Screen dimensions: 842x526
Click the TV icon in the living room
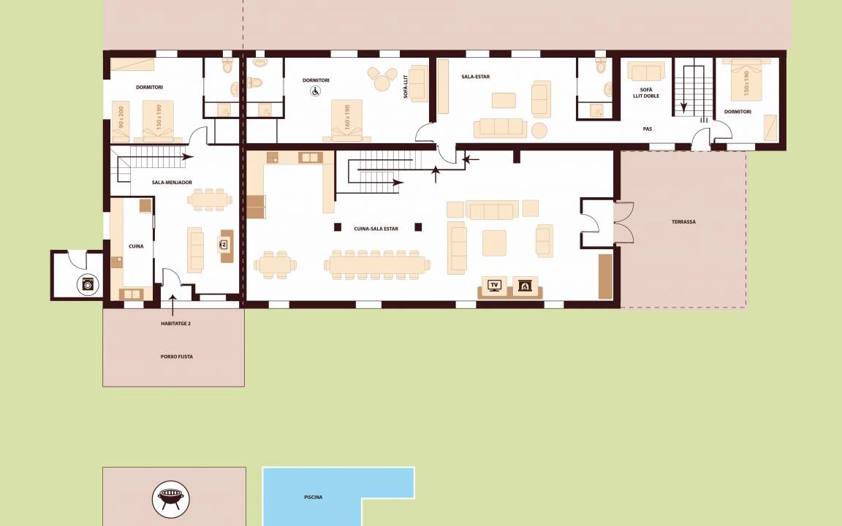494,285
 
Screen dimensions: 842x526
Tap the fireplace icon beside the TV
523,286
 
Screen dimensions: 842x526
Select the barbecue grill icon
171,499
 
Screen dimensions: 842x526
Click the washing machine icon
88,284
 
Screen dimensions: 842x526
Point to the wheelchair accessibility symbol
315,91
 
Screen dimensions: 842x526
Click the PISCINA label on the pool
313,498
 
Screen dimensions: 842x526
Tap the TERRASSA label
683,221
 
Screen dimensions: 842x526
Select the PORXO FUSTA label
177,357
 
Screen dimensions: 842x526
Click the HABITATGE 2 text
175,324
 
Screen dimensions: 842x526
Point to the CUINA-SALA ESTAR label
376,229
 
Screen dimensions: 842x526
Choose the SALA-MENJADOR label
172,183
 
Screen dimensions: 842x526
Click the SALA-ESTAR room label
475,77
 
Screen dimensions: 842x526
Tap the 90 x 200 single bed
121,121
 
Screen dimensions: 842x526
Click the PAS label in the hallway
647,129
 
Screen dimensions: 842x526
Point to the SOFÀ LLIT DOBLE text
646,93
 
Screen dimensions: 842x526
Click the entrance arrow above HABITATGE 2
173,305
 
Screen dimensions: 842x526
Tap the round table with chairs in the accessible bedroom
382,80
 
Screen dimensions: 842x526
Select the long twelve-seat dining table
377,264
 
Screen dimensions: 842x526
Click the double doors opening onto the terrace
624,222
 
